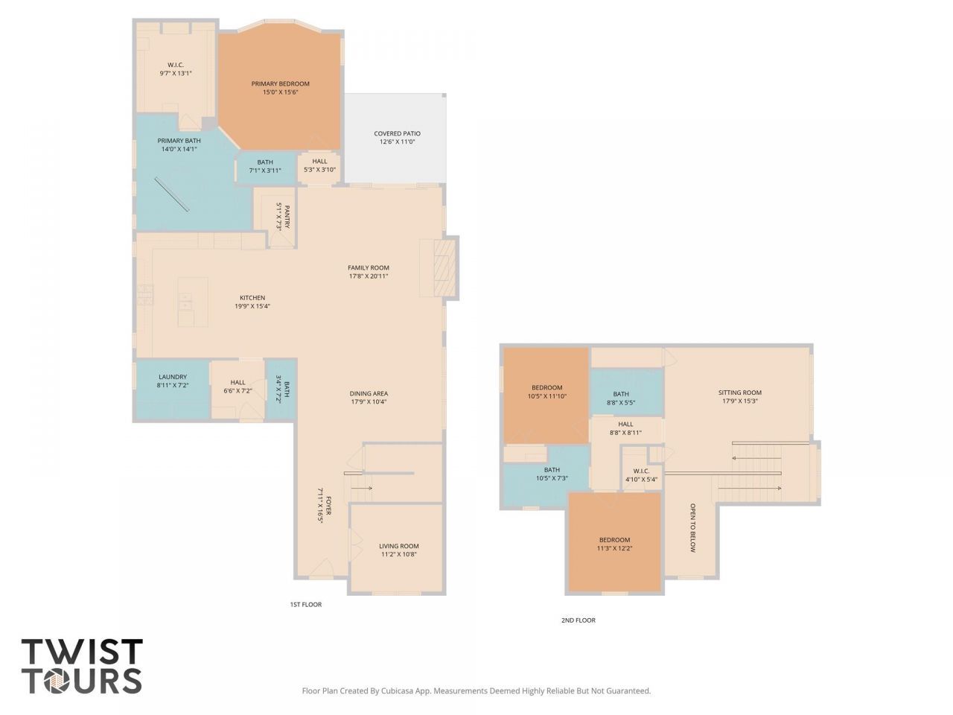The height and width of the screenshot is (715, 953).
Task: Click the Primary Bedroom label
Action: [x=280, y=88]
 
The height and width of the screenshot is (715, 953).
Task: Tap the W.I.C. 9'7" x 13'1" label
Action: [x=176, y=69]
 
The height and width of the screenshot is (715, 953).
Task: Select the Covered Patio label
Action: [x=397, y=138]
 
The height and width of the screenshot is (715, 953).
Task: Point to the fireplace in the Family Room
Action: [x=444, y=268]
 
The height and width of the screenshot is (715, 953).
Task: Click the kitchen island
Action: [x=192, y=302]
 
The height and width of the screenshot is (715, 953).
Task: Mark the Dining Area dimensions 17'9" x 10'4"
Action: [x=369, y=402]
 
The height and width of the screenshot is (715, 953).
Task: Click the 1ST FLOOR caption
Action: [x=306, y=604]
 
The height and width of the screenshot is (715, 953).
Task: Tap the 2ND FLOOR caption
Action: [x=579, y=620]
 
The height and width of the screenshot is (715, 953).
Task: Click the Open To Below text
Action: [x=692, y=528]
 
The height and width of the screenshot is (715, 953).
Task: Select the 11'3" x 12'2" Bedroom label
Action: [x=614, y=544]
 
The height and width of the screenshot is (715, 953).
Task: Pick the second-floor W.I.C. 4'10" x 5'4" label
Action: [x=641, y=475]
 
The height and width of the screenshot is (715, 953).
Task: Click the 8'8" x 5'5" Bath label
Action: [x=621, y=398]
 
